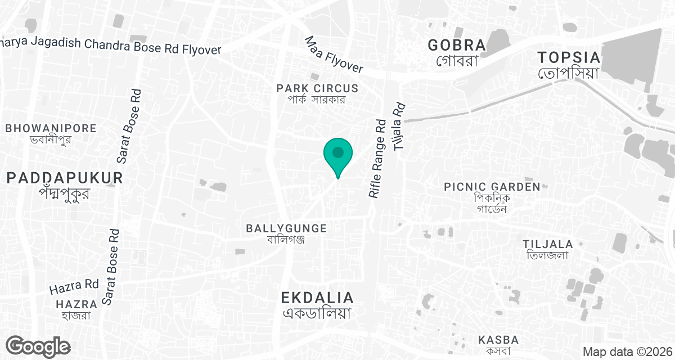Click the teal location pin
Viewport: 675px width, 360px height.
coord(337,155)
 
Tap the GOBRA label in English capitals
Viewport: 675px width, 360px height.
coord(456,45)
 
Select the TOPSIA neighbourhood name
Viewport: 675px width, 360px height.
coord(569,57)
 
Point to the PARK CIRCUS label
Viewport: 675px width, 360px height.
coord(317,88)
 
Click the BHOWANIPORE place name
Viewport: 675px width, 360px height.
coord(51,128)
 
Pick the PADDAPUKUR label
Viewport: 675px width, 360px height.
coord(65,178)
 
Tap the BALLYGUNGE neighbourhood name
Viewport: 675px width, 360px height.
coord(286,228)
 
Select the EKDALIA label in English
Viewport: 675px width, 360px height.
coord(318,298)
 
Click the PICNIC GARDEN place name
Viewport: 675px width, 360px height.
coord(492,187)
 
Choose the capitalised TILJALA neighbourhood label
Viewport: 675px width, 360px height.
coord(547,244)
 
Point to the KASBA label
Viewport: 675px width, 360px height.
coord(498,340)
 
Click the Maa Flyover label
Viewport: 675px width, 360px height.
coord(334,55)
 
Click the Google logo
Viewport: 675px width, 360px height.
coord(38,346)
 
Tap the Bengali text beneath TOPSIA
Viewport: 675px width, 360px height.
coord(569,73)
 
